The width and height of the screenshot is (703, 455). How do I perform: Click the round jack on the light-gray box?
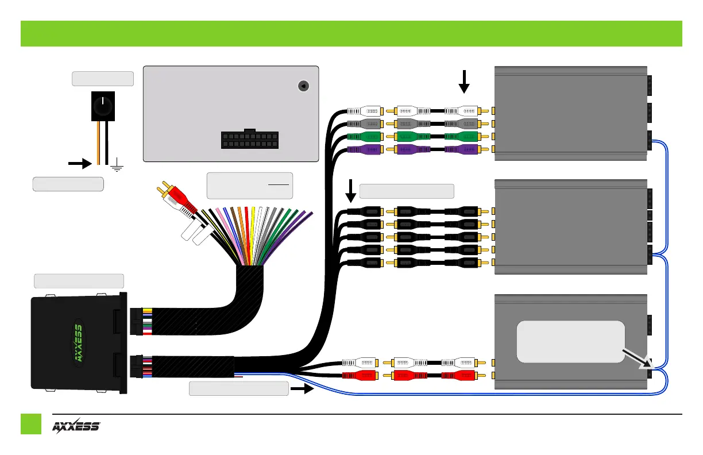coord(303,86)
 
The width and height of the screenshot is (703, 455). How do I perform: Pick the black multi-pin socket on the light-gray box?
coord(248,140)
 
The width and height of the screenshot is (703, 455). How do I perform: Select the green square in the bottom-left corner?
coord(31,424)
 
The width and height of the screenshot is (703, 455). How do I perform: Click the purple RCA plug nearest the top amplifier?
coord(464,149)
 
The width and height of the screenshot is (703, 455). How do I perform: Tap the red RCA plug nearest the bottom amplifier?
coord(459,376)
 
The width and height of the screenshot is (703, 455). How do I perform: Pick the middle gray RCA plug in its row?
coord(411,124)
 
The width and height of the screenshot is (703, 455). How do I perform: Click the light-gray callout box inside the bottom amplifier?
coord(571,341)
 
